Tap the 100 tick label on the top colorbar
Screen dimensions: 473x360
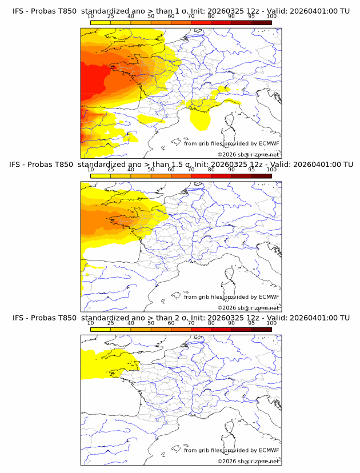(271, 16)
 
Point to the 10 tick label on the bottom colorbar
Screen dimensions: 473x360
(90, 323)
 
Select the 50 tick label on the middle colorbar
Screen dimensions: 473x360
(151, 170)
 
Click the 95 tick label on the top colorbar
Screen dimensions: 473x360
(251, 16)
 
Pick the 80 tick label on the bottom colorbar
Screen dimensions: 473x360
(211, 323)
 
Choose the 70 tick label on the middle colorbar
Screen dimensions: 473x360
(191, 170)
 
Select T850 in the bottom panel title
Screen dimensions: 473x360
(67, 318)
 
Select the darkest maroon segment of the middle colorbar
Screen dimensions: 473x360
(261, 175)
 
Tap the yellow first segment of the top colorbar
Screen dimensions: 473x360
(100, 22)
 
